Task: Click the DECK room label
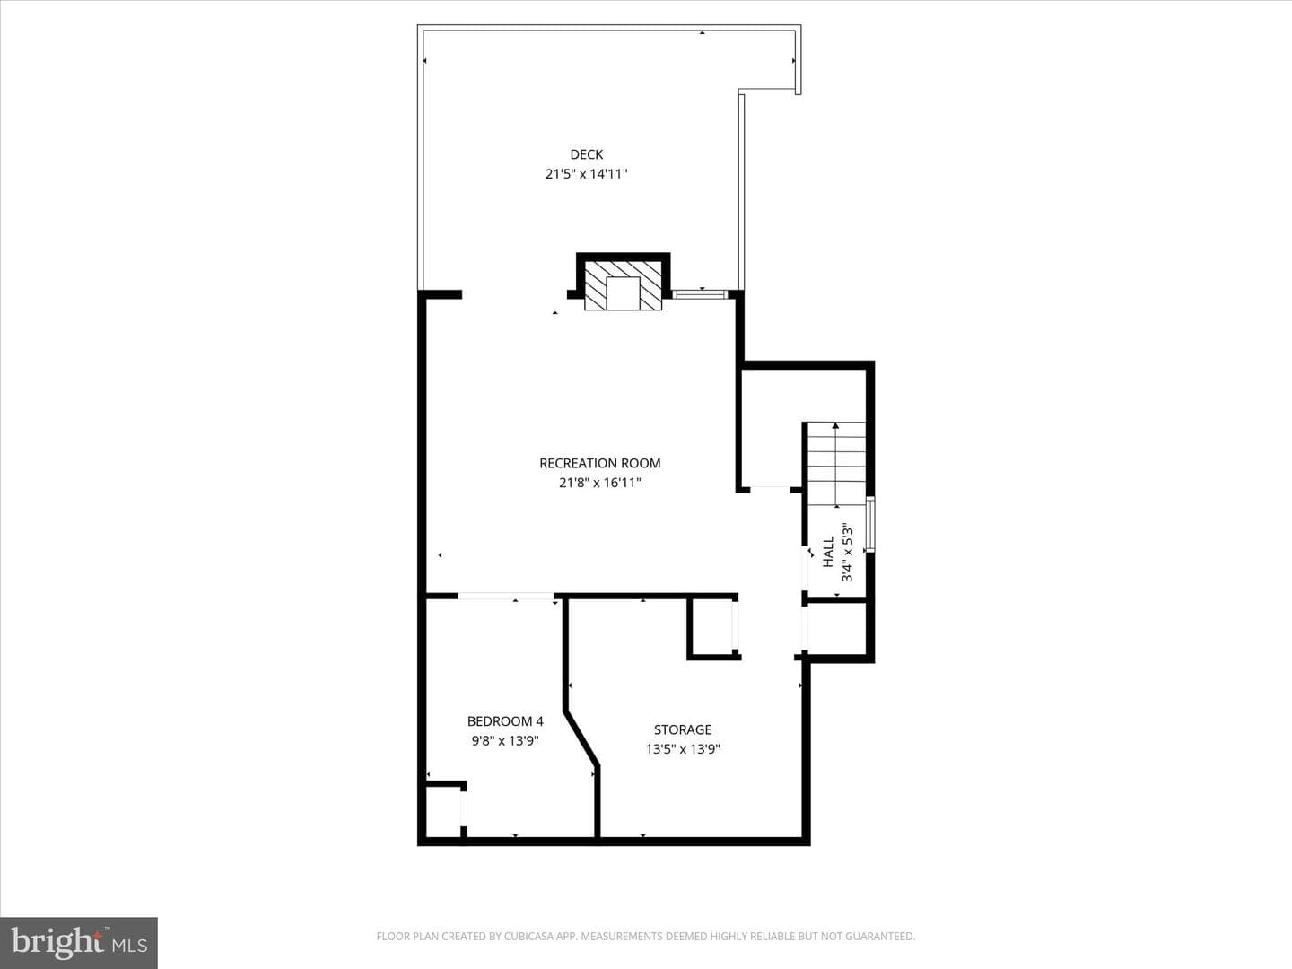pos(586,154)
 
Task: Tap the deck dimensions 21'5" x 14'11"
pos(586,173)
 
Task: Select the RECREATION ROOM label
pos(600,463)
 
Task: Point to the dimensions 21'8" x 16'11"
pos(600,483)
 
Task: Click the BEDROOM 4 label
pos(505,720)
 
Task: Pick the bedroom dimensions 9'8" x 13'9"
pos(505,740)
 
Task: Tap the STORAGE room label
pos(683,729)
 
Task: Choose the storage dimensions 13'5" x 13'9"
pos(683,749)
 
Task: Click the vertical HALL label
pos(828,552)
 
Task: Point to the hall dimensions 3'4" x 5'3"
pos(847,552)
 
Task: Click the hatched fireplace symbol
pos(623,285)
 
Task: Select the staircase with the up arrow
pos(836,464)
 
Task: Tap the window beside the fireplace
pos(701,294)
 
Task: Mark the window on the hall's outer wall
pos(870,525)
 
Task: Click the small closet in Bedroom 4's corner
pos(443,812)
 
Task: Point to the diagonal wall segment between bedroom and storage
pos(581,738)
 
